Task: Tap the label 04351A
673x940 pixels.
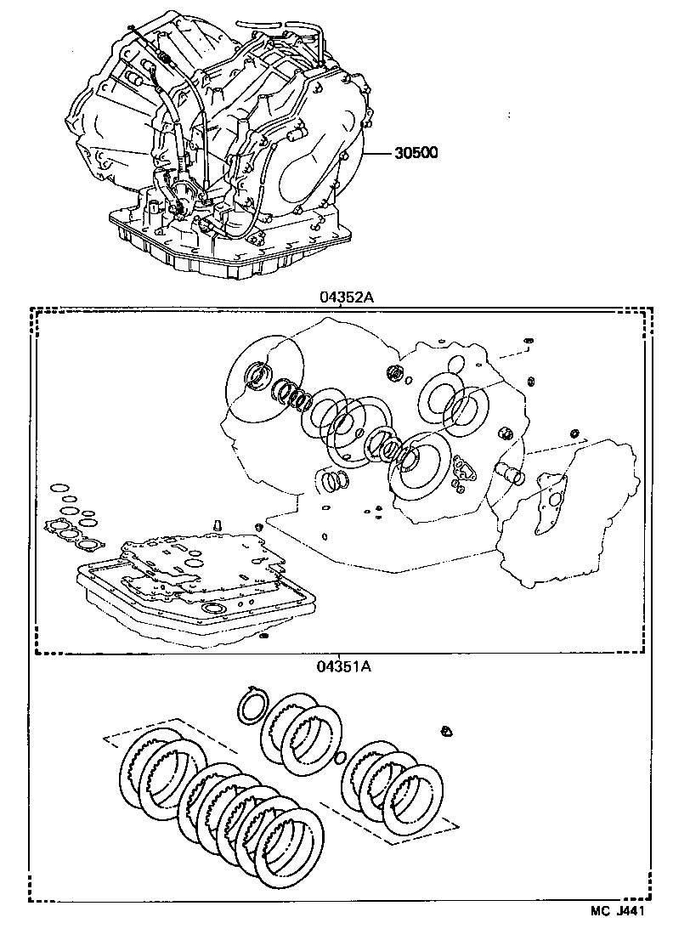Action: click(343, 666)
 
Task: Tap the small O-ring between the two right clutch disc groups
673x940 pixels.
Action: click(340, 758)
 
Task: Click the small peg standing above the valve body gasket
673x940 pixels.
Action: click(217, 524)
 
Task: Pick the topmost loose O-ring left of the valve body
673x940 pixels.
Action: click(59, 488)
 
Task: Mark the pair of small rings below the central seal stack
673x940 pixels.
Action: click(335, 482)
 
